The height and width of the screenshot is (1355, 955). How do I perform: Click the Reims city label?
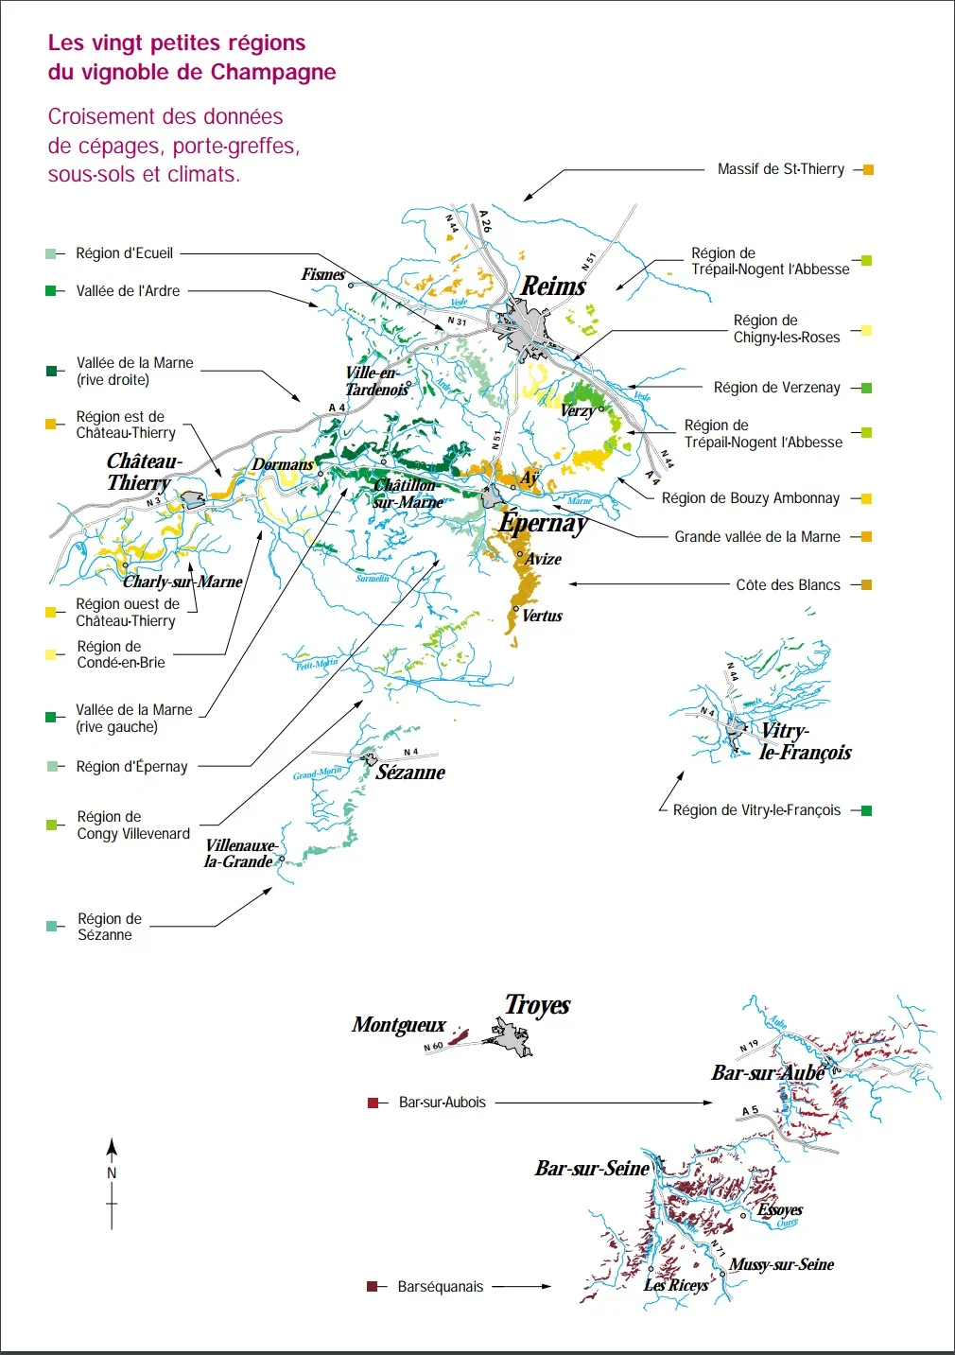tap(554, 286)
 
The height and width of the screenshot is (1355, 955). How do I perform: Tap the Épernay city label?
tap(543, 523)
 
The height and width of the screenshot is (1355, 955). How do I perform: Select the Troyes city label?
tap(537, 1005)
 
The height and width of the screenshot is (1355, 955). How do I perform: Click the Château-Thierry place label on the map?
tap(143, 472)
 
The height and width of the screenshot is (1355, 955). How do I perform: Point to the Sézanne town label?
tap(410, 773)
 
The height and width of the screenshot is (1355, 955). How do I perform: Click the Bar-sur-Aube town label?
tap(768, 1073)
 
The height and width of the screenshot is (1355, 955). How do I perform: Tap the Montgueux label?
tap(398, 1025)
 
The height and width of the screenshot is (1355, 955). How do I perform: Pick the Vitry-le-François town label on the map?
tap(805, 742)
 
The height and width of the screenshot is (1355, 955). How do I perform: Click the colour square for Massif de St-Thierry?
tap(868, 170)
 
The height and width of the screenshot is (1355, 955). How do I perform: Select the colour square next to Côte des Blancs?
tap(867, 585)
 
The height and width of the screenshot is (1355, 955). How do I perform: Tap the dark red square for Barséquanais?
tap(373, 1287)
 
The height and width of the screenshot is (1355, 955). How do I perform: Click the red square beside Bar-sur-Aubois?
tap(373, 1103)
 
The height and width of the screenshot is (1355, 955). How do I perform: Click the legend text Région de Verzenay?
tap(776, 388)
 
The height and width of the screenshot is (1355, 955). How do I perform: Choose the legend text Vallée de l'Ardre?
tap(128, 291)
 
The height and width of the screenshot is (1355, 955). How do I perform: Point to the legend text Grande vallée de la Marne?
tap(756, 537)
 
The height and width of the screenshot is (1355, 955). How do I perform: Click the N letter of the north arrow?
tap(112, 1173)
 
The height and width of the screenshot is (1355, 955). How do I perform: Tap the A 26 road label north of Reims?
tap(485, 221)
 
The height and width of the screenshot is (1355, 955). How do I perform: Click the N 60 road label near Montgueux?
tap(433, 1047)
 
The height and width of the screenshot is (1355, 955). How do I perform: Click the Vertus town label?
tap(542, 617)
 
